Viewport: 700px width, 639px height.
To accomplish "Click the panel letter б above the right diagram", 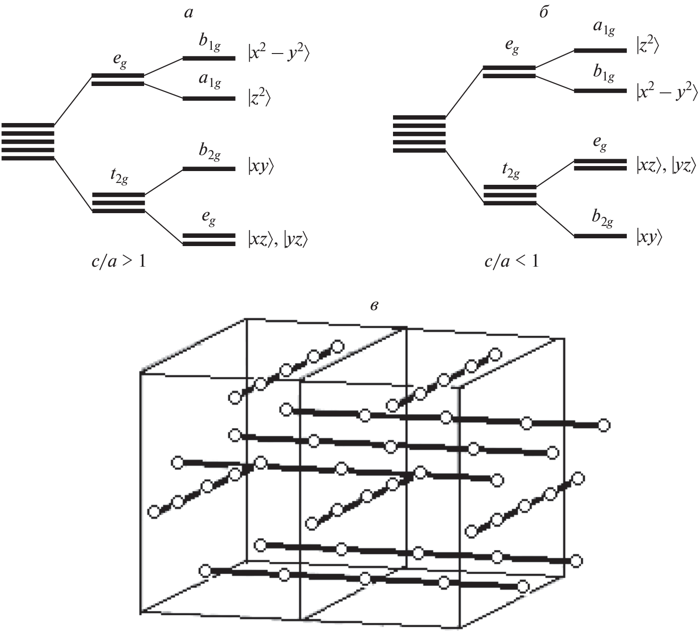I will pos(543,12).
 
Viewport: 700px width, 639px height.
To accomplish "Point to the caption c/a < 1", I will pos(512,262).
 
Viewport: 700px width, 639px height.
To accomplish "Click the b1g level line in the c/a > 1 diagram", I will pos(209,59).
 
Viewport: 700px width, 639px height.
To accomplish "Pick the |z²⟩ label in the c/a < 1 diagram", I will pos(647,46).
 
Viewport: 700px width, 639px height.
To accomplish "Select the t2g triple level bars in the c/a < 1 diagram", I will pos(510,195).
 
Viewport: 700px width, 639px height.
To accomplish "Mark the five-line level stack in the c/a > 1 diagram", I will pos(28,141).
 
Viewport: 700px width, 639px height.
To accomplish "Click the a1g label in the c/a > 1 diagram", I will pos(210,81).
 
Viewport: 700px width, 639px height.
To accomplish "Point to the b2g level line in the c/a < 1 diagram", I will pos(600,236).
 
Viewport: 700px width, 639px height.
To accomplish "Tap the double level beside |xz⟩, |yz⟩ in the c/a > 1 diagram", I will pos(209,240).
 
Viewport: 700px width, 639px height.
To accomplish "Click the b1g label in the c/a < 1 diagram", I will pos(603,74).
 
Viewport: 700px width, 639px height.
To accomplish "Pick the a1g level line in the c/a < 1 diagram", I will pos(600,50).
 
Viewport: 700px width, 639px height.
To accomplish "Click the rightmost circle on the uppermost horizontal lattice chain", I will pos(604,425).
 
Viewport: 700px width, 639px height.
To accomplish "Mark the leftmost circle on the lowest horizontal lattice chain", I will pos(205,571).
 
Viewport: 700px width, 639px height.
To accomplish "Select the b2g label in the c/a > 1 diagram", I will pos(210,152).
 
